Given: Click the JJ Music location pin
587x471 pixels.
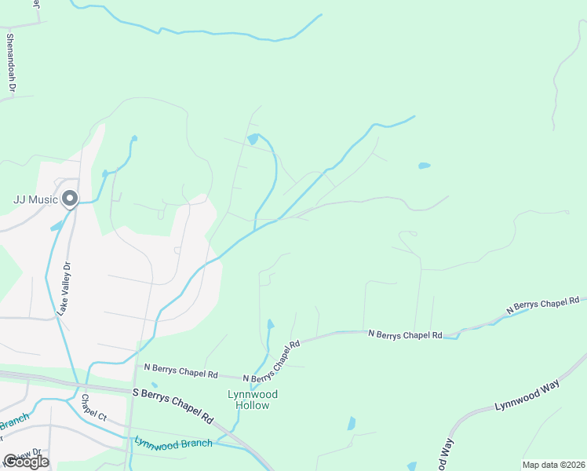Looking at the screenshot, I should (x=70, y=199).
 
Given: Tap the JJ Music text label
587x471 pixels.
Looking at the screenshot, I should (x=36, y=199).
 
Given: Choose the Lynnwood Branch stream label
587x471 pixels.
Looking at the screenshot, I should (x=173, y=443).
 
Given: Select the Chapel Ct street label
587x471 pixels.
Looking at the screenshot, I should (x=93, y=407).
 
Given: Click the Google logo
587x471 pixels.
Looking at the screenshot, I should (x=26, y=462).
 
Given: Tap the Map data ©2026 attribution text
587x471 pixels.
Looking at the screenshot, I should (x=552, y=465).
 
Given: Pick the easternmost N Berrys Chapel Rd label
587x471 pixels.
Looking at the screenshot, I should (x=542, y=305).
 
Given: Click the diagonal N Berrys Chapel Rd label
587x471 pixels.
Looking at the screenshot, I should (x=272, y=361).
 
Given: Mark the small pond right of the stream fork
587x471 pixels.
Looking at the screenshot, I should (x=425, y=166).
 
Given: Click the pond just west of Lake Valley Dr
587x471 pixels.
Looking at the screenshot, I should (x=57, y=226).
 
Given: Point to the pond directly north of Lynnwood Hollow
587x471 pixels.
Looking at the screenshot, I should (x=271, y=323).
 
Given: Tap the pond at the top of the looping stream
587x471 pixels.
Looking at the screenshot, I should (x=253, y=139).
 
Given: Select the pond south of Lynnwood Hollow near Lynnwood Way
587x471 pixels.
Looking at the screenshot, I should (x=351, y=423).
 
